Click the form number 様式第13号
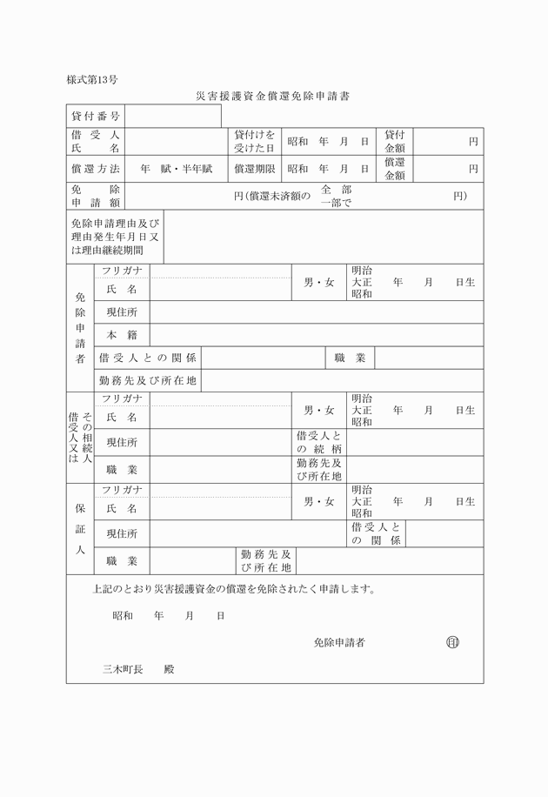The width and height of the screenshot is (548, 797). pos(92,80)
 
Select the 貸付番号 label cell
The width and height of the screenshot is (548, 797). pos(96,116)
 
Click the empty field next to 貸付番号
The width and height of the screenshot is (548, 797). pos(173,116)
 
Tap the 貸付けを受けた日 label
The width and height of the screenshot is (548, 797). pos(255,140)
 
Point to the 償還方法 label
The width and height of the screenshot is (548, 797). pos(96,168)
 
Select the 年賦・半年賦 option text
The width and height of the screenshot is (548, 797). pos(177,168)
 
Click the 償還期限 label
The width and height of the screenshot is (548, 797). pos(255,168)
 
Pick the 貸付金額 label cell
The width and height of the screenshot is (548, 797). pos(396,140)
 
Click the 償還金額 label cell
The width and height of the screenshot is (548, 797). pos(396,168)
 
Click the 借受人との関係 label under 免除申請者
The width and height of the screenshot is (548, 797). pos(148,358)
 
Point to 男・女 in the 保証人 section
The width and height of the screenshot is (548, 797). pos(318,502)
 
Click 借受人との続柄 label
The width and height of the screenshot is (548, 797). pos(319,441)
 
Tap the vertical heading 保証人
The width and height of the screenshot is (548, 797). pos(80,527)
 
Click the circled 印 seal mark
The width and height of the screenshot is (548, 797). pos(452,642)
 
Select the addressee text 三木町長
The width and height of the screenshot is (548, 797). pos(123,669)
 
